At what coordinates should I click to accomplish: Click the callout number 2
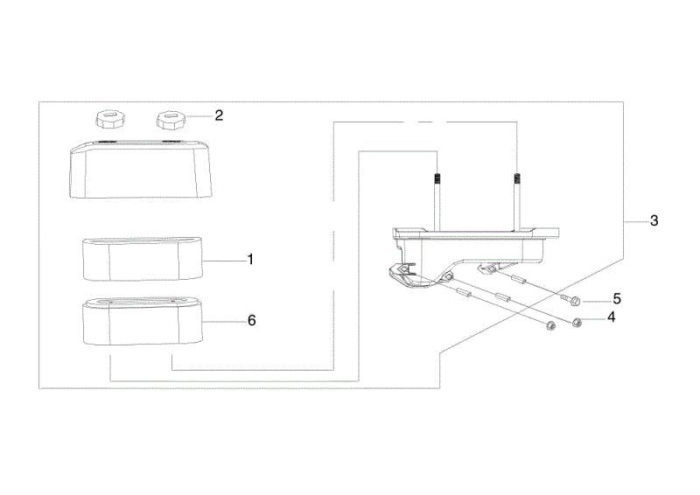click(219, 115)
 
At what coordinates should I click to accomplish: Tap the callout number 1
click(250, 260)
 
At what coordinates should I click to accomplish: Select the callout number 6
click(252, 320)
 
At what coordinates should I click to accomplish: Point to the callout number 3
click(654, 220)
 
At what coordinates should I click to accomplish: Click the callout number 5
click(617, 298)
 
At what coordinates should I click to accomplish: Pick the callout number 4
click(611, 317)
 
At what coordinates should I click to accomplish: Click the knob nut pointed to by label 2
click(170, 121)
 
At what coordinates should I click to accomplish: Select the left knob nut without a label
click(109, 121)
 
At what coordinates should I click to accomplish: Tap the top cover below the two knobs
click(139, 169)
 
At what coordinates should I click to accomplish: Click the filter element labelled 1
click(143, 260)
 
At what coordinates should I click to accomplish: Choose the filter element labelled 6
click(143, 322)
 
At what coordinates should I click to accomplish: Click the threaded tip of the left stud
click(437, 179)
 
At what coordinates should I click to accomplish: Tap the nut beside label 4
click(577, 322)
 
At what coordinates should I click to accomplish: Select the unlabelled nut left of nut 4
click(551, 326)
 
